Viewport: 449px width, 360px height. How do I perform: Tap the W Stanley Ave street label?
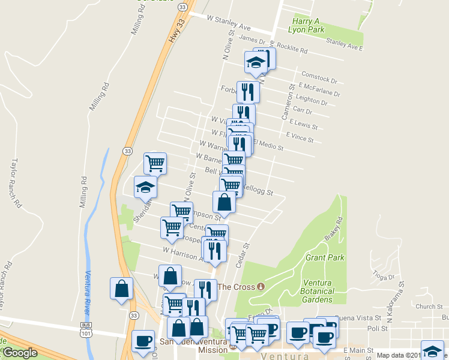229,26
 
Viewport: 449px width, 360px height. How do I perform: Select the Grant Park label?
325,257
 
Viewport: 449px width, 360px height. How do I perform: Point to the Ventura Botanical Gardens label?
327,291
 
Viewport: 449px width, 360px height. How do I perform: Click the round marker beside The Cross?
261,286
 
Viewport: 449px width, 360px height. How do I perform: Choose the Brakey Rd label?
334,228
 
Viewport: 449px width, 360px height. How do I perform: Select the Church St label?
431,307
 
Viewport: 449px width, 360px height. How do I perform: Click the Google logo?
20,353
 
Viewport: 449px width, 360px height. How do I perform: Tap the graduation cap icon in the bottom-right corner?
432,350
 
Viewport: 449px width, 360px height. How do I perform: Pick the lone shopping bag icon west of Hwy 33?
122,289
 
